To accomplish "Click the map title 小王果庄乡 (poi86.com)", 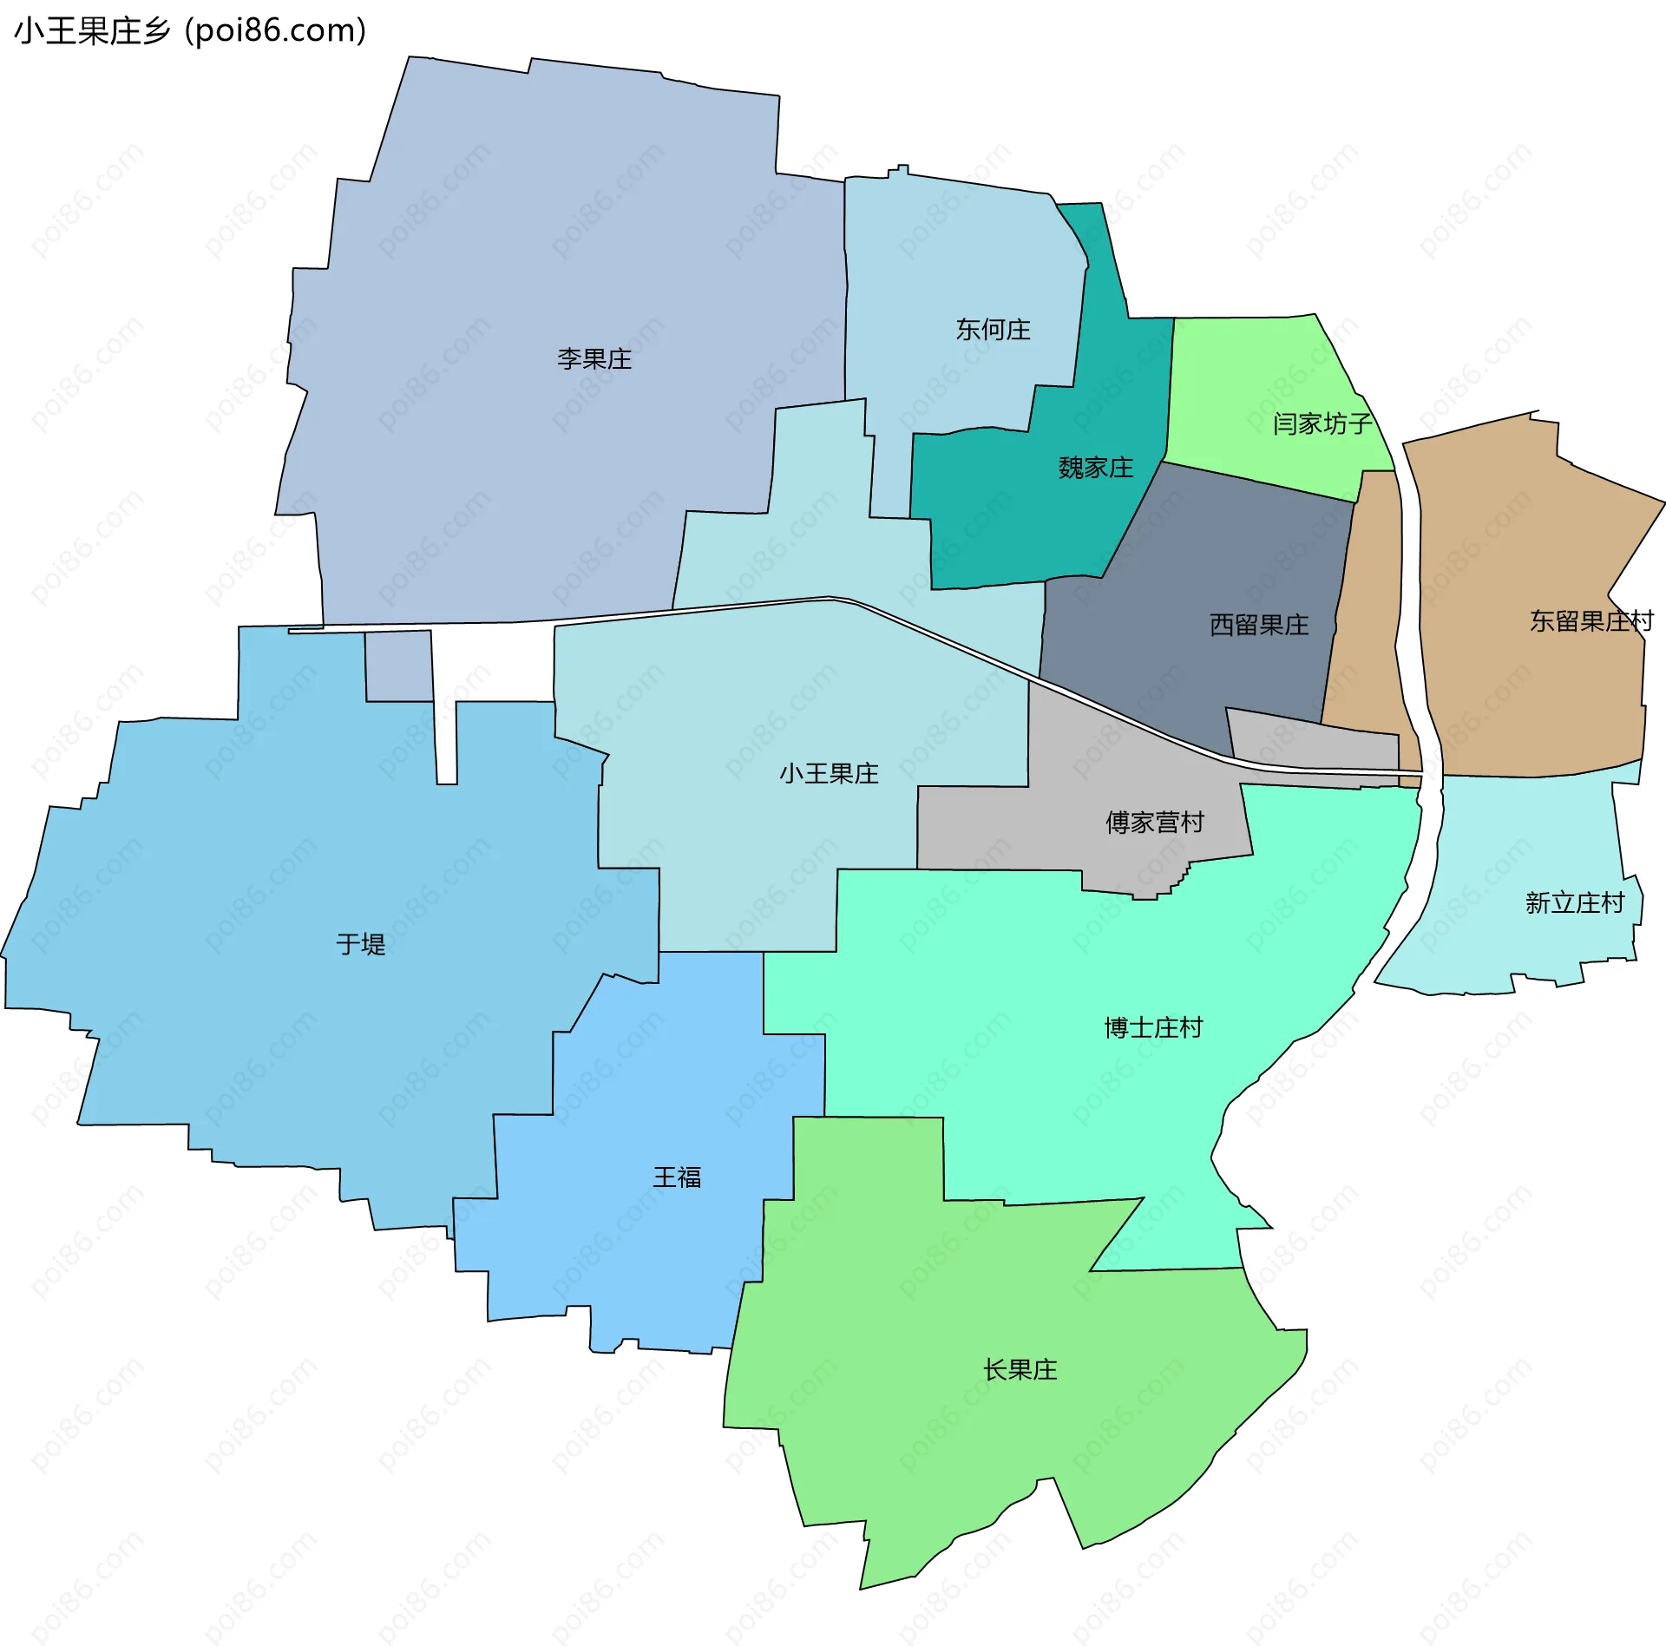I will click(190, 31).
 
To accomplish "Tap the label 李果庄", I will click(594, 358).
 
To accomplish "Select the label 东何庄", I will click(993, 330).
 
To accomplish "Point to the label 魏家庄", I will click(1095, 469).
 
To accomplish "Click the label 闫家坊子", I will click(1322, 423).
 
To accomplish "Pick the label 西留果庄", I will click(1258, 625).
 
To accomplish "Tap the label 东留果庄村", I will click(1591, 621).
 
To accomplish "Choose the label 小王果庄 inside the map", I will click(829, 773).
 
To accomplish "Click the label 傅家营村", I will click(1154, 822).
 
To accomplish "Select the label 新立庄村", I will click(1574, 903).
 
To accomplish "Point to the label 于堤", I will click(360, 944).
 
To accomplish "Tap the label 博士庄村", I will click(1153, 1028).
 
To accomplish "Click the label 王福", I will click(677, 1177).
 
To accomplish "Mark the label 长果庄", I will click(1020, 1370).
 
